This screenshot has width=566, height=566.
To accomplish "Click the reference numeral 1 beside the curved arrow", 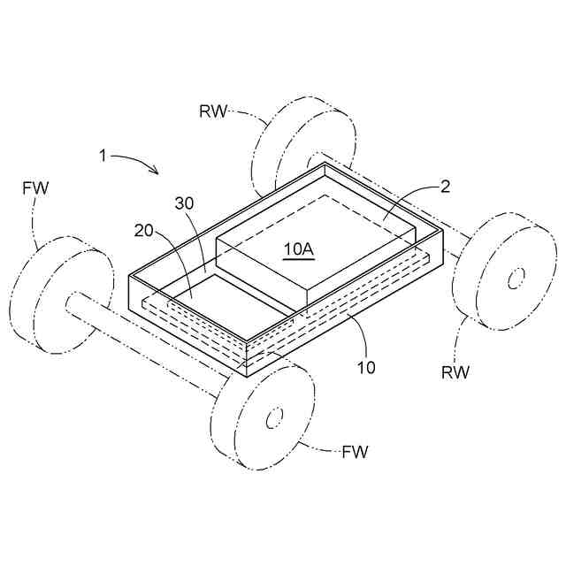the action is click(103, 156).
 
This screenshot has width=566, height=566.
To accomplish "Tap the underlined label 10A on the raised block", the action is click(298, 249).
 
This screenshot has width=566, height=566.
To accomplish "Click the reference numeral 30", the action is click(184, 203).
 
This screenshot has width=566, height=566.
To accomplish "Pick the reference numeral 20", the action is click(142, 231).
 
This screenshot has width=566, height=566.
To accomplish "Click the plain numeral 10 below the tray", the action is click(366, 366).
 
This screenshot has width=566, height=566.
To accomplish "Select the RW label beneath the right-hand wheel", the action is click(455, 371).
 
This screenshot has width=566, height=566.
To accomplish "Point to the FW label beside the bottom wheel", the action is click(354, 453).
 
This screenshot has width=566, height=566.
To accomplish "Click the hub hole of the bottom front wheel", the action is click(273, 416).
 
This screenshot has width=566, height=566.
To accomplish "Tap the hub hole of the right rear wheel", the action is click(512, 279).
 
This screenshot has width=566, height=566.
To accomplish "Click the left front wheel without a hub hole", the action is click(62, 292).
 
